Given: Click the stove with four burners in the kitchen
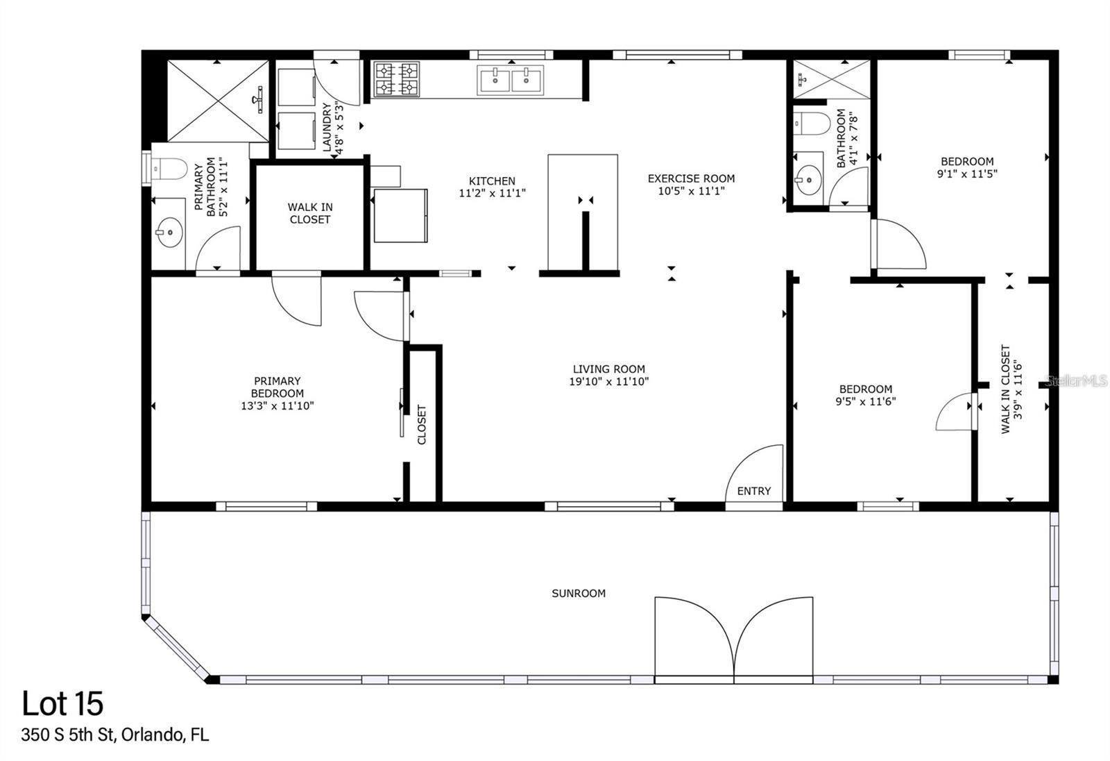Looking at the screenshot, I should click(397, 78).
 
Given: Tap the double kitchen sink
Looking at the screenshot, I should click(511, 80).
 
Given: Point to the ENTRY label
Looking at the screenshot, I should click(753, 491).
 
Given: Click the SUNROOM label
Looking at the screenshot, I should click(579, 593).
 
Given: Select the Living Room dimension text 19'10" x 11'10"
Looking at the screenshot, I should click(609, 381).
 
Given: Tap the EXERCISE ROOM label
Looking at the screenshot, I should click(691, 178).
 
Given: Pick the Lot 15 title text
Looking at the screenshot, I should click(62, 703).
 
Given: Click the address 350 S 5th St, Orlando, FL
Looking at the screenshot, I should click(114, 735).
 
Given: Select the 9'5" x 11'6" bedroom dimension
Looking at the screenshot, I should click(866, 401).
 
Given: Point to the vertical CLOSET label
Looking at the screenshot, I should click(422, 424).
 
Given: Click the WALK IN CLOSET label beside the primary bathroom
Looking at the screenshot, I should click(310, 213).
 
